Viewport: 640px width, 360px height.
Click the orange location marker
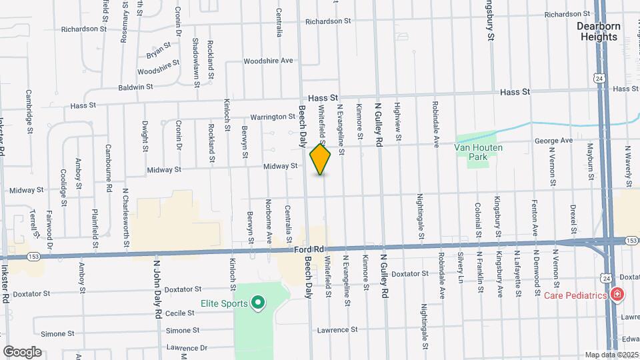(x=321, y=159)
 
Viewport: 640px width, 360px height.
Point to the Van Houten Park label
(x=478, y=152)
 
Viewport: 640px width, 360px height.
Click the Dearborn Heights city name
(x=597, y=31)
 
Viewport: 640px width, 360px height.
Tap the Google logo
(x=22, y=351)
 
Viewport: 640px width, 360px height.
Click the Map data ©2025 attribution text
(x=612, y=355)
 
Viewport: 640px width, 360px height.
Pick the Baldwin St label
(x=136, y=87)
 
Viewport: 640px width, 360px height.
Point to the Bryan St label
(x=159, y=49)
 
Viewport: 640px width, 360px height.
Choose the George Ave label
(x=553, y=141)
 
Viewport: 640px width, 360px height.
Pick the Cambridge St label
(x=29, y=111)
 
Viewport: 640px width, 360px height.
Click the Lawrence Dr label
(x=187, y=347)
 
